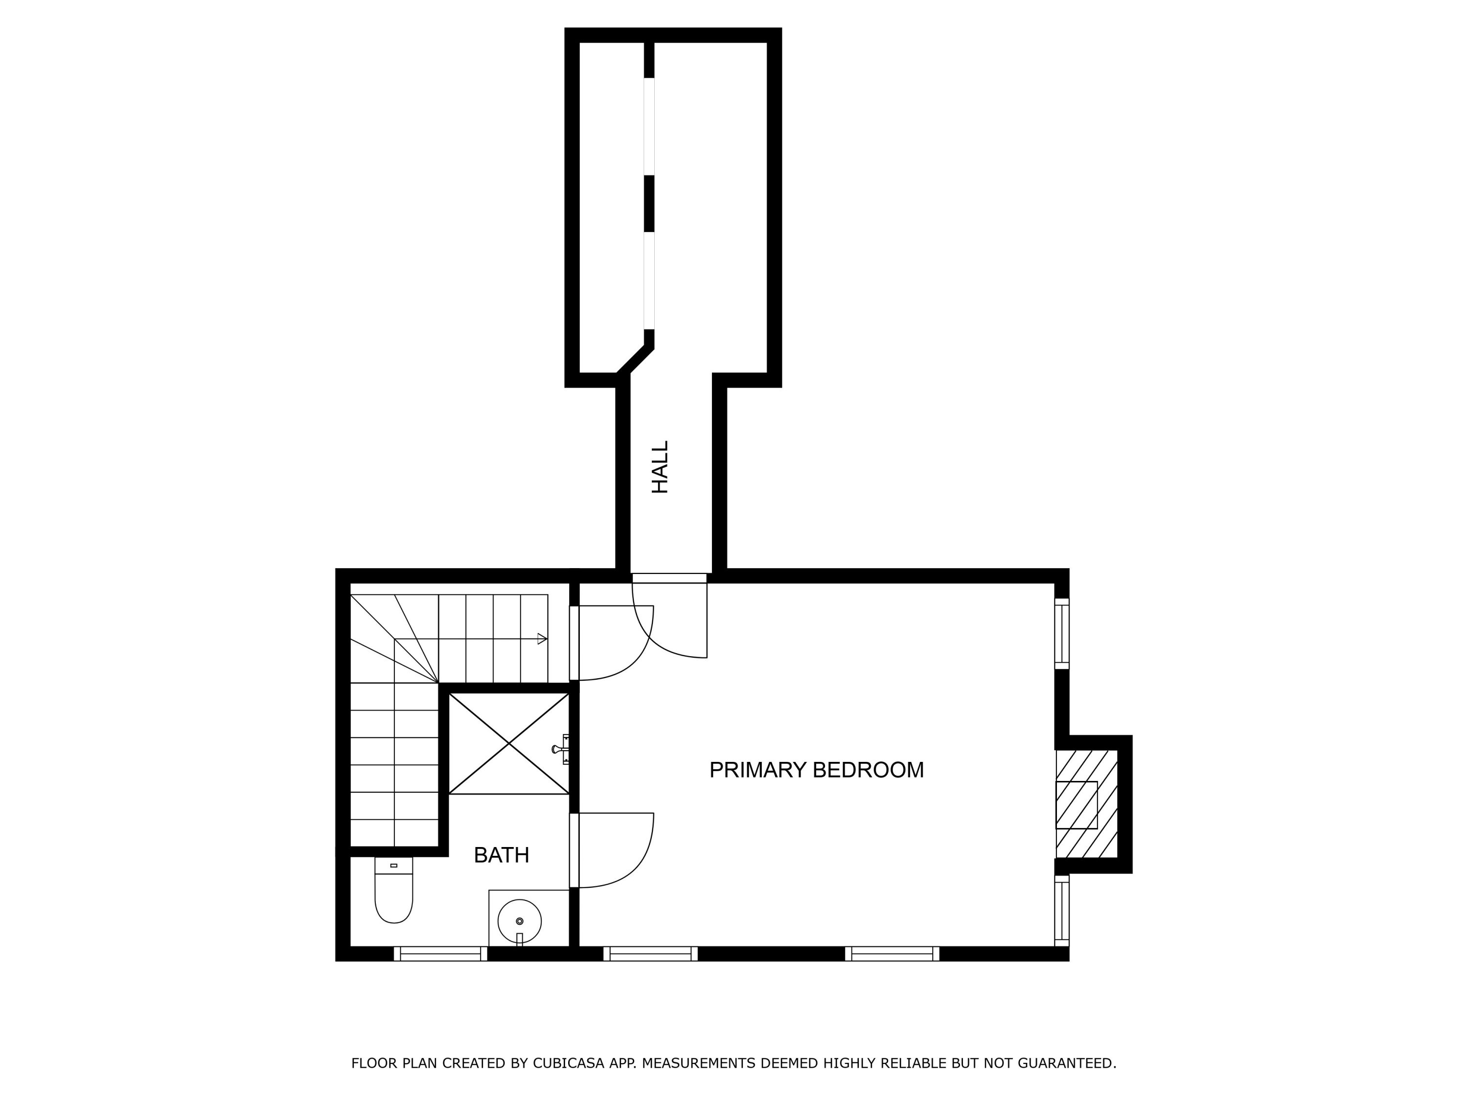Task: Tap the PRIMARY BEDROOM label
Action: pos(816,770)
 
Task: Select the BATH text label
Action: pos(501,855)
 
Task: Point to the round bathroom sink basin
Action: pos(520,920)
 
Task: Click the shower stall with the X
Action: pos(509,743)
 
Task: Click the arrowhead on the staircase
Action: pos(542,639)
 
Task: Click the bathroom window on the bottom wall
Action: pos(441,954)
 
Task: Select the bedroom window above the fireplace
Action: pos(1062,634)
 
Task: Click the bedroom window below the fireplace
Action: pos(1062,911)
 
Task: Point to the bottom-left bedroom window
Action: pos(650,954)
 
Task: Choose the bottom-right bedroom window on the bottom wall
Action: pos(892,954)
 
